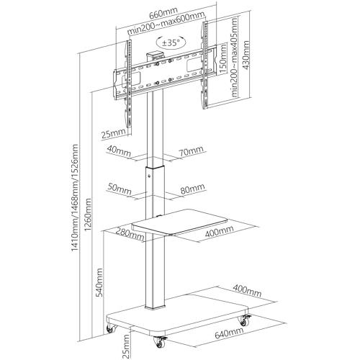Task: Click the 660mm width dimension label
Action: [163, 13]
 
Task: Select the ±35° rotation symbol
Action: [171, 42]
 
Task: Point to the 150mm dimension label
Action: [223, 59]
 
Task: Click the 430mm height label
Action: [246, 55]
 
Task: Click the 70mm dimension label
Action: [191, 150]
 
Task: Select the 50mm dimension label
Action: [120, 189]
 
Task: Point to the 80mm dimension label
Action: [193, 189]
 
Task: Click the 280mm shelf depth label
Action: [130, 235]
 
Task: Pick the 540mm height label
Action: [99, 282]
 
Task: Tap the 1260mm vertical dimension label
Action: [88, 215]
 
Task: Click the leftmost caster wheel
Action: [111, 328]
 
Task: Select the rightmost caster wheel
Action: [245, 320]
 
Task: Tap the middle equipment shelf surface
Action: [179, 222]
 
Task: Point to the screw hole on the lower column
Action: [150, 176]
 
